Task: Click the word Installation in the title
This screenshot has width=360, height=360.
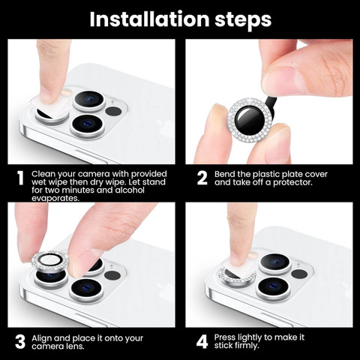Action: [149, 19]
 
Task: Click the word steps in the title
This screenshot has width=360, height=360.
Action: [243, 21]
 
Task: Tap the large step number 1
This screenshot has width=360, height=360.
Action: [21, 178]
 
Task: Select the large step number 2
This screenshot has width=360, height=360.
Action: [202, 178]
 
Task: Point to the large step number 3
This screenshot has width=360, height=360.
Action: [20, 342]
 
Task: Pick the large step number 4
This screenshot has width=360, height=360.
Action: [202, 342]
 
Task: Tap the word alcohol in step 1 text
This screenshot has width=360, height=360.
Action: [130, 190]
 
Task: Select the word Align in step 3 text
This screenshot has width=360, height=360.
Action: [41, 338]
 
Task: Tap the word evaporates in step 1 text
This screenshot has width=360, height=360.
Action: [55, 198]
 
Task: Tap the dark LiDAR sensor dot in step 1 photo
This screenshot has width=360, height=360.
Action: [113, 111]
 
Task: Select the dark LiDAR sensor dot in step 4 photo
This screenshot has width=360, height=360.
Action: [299, 274]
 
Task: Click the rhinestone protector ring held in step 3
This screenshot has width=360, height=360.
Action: [49, 261]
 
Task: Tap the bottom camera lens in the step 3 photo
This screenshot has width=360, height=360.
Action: [87, 290]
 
